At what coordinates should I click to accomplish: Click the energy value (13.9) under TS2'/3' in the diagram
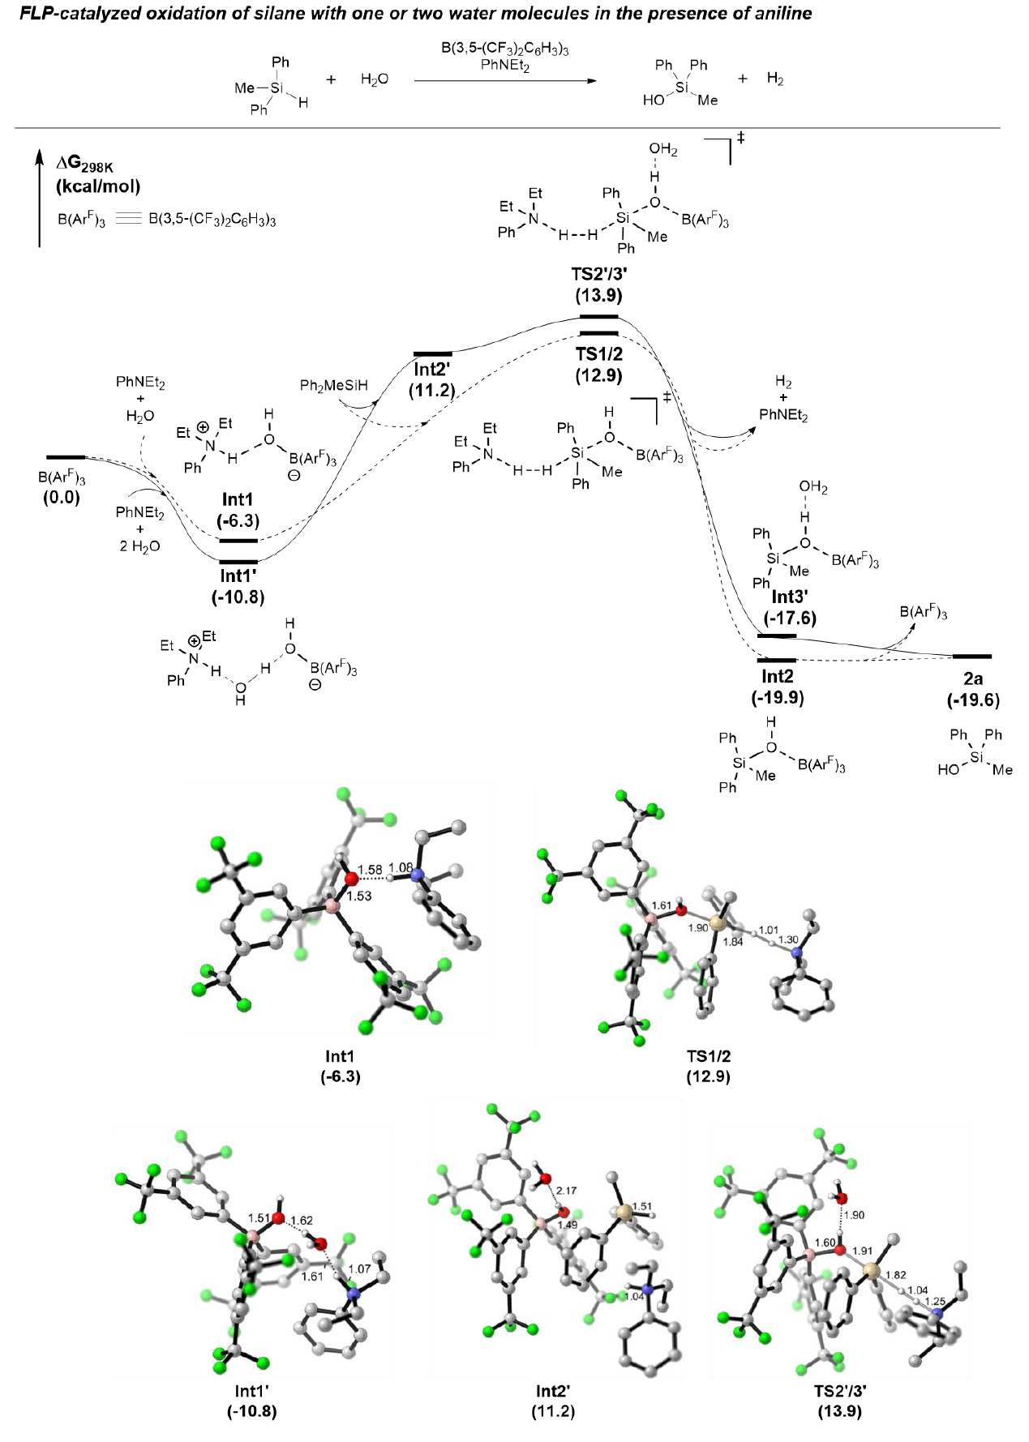pyautogui.click(x=598, y=295)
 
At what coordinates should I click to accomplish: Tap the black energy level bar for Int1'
pyautogui.click(x=238, y=561)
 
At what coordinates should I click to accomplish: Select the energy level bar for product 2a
pyautogui.click(x=971, y=656)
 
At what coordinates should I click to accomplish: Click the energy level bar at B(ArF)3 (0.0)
pyautogui.click(x=66, y=458)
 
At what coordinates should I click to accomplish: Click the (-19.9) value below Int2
pyautogui.click(x=777, y=697)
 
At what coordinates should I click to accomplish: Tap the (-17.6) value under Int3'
pyautogui.click(x=789, y=618)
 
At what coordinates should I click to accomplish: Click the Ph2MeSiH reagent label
pyautogui.click(x=334, y=385)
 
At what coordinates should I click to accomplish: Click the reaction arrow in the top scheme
pyautogui.click(x=504, y=80)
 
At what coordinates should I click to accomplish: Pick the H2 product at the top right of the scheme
pyautogui.click(x=775, y=79)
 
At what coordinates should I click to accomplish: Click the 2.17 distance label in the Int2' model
pyautogui.click(x=567, y=1190)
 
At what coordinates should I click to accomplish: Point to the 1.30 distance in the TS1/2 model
pyautogui.click(x=788, y=939)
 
